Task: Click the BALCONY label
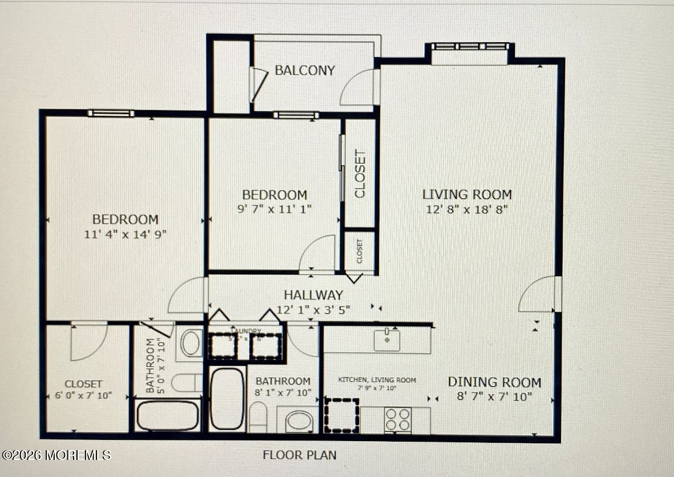point(305,70)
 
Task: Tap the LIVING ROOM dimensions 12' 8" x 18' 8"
point(467,209)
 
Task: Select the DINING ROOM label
point(494,382)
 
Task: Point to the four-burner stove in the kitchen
point(398,420)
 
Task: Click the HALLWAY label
point(313,295)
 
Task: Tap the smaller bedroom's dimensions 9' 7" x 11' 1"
point(275,209)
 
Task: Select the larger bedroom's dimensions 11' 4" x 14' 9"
point(126,233)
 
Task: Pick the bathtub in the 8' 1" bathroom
point(227,398)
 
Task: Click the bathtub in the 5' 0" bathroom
point(168,415)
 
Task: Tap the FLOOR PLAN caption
point(299,455)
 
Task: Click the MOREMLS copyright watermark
point(56,455)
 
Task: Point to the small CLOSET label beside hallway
point(360,251)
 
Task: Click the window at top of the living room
point(470,47)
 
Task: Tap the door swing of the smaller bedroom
point(318,254)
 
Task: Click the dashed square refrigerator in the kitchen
point(341,415)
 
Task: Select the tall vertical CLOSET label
point(360,174)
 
